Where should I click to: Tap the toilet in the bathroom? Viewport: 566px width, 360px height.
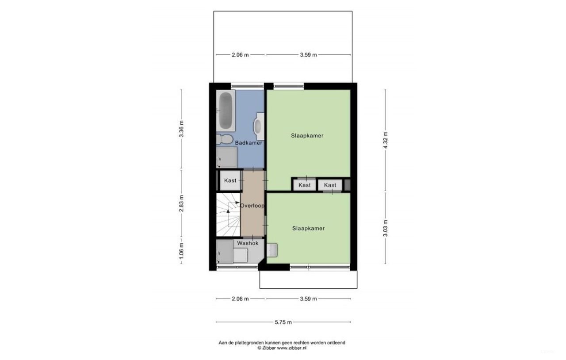tap(225, 139)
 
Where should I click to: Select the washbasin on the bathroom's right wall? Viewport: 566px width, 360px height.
tap(259, 124)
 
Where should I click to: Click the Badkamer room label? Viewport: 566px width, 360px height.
tap(249, 143)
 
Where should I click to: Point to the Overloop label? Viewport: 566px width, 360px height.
tap(252, 206)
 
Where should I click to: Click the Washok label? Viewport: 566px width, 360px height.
tap(248, 243)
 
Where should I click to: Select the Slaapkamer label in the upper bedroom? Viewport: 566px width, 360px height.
tap(307, 135)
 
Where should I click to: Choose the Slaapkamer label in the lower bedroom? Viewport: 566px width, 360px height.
tap(308, 228)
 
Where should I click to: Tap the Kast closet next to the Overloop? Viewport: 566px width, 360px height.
tap(230, 180)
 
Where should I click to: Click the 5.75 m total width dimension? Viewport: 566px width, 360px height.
tap(283, 322)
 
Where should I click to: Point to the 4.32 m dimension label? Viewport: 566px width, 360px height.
tap(385, 140)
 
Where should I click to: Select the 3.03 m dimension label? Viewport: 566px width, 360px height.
tap(385, 228)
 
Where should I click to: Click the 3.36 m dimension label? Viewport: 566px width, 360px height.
tap(181, 129)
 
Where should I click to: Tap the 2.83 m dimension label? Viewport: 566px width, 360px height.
tap(181, 203)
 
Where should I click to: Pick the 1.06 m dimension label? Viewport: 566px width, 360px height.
tap(181, 251)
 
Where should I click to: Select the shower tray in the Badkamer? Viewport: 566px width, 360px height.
tap(226, 157)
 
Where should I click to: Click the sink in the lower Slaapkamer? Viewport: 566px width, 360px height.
tap(272, 249)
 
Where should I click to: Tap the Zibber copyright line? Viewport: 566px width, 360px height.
tap(282, 348)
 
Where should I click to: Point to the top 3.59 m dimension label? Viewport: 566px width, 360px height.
tap(308, 55)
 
